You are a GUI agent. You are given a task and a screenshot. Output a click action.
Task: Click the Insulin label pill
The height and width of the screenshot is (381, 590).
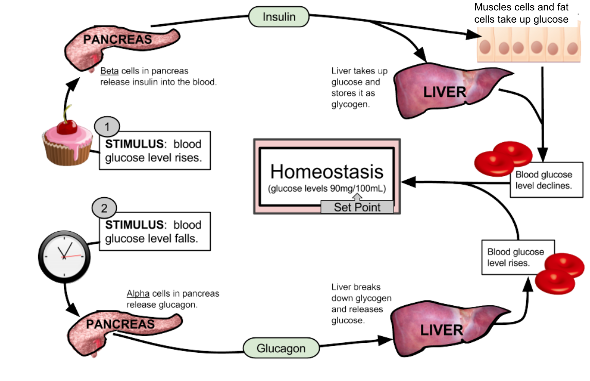tap(279, 16)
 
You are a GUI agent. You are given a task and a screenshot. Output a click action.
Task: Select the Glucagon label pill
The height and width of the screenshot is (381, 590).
tap(281, 348)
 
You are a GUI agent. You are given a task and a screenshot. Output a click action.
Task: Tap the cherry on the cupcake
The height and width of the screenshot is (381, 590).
tap(67, 126)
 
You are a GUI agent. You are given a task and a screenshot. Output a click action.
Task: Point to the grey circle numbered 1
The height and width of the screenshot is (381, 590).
tap(107, 126)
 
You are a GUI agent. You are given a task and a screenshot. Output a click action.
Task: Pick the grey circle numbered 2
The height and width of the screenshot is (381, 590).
tap(104, 209)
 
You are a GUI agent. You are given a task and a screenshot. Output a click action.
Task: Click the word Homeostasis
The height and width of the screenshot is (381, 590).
tap(327, 171)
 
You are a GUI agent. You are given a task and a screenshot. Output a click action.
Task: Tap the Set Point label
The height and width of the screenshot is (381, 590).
tap(357, 207)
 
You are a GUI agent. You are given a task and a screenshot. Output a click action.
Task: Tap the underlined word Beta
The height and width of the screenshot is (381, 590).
tap(109, 71)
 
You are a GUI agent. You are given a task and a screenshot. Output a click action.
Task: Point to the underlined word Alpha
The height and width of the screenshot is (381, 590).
tap(138, 293)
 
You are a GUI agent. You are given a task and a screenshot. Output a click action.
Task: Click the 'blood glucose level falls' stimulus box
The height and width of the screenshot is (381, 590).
tap(154, 231)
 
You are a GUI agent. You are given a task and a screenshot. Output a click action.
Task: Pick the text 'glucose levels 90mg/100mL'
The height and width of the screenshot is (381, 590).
tap(327, 188)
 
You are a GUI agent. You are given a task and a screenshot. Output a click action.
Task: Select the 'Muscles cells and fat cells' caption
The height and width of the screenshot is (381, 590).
tap(521, 13)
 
